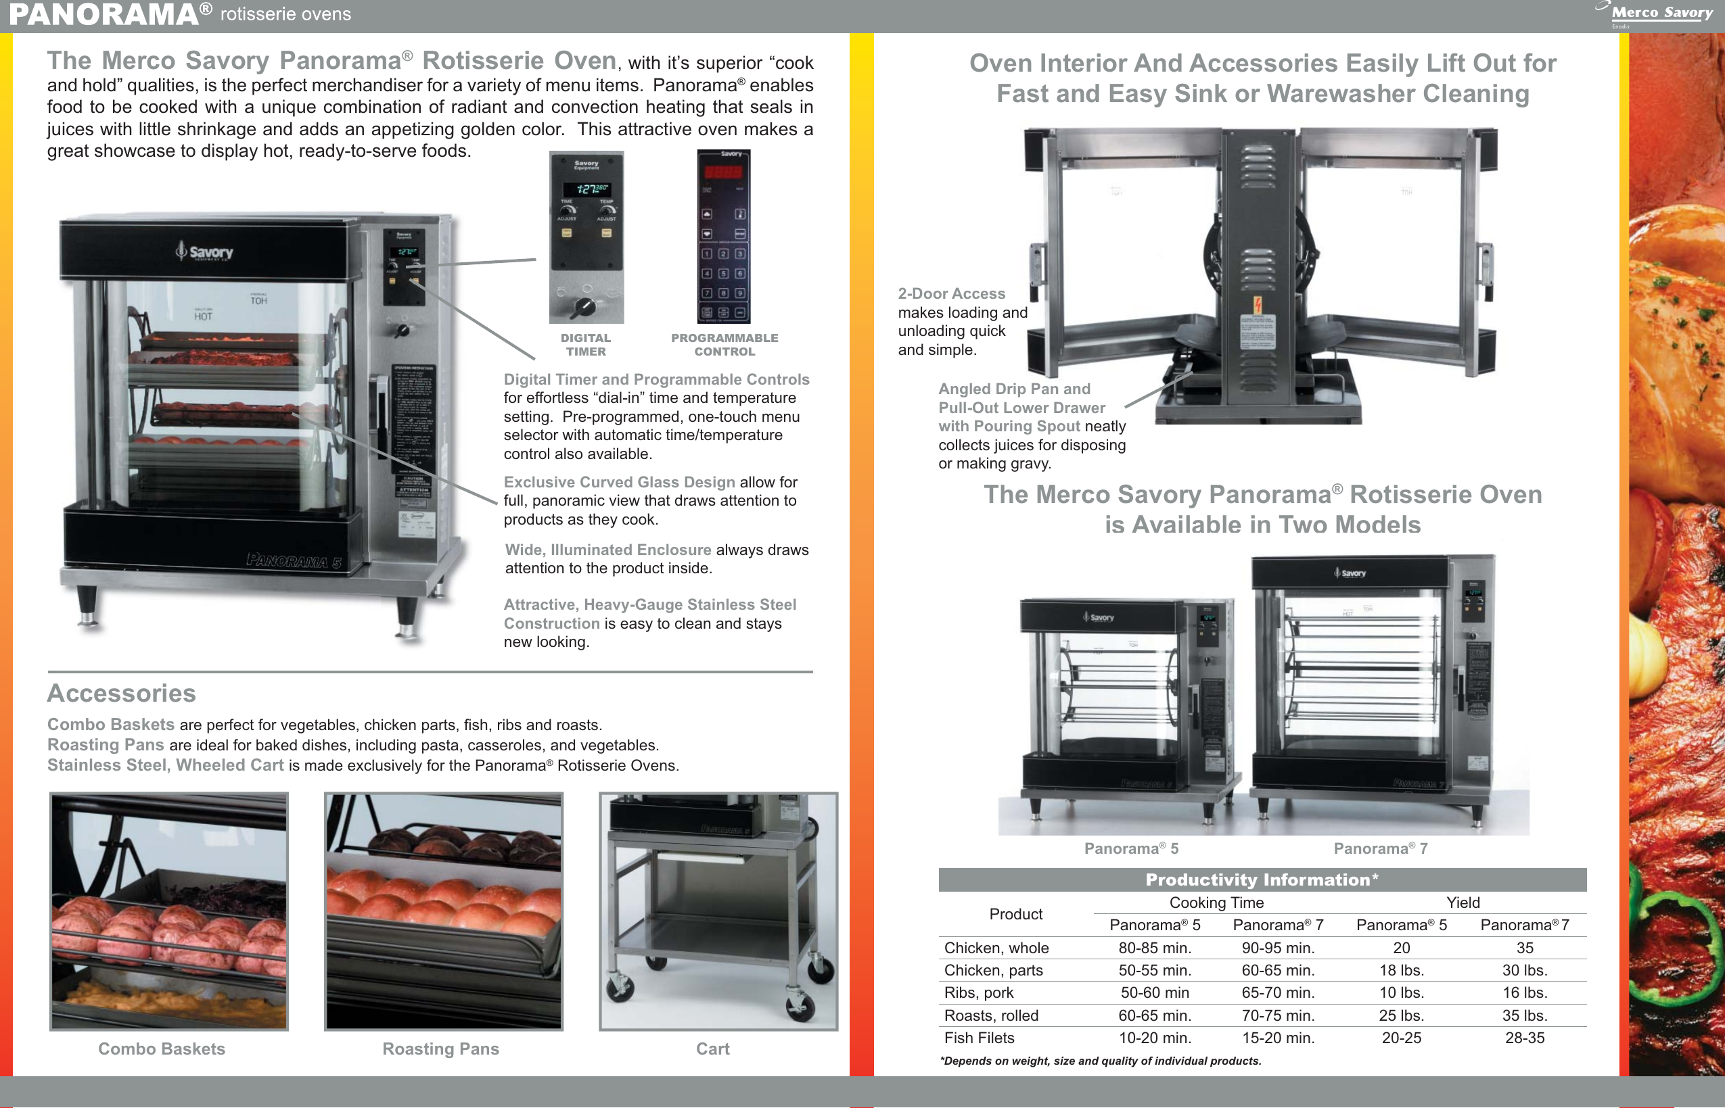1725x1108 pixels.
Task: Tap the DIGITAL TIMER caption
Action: (585, 345)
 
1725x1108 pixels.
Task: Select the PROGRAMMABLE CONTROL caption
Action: (724, 345)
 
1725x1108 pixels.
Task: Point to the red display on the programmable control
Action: (723, 172)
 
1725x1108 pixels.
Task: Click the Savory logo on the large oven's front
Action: (204, 251)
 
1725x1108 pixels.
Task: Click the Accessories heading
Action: (122, 693)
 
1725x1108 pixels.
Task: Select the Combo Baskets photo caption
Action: (161, 1049)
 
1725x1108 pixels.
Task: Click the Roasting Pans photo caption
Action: (440, 1049)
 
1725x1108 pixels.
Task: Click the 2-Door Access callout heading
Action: (951, 293)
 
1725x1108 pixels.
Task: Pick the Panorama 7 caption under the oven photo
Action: (1380, 848)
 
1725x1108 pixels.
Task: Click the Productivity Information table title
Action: (1262, 880)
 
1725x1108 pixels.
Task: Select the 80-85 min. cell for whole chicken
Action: (1154, 948)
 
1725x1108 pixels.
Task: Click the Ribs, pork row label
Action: (978, 992)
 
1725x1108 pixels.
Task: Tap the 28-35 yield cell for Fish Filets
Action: (1524, 1038)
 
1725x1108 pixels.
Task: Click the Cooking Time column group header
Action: (1216, 902)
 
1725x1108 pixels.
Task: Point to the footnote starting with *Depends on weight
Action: (1100, 1061)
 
